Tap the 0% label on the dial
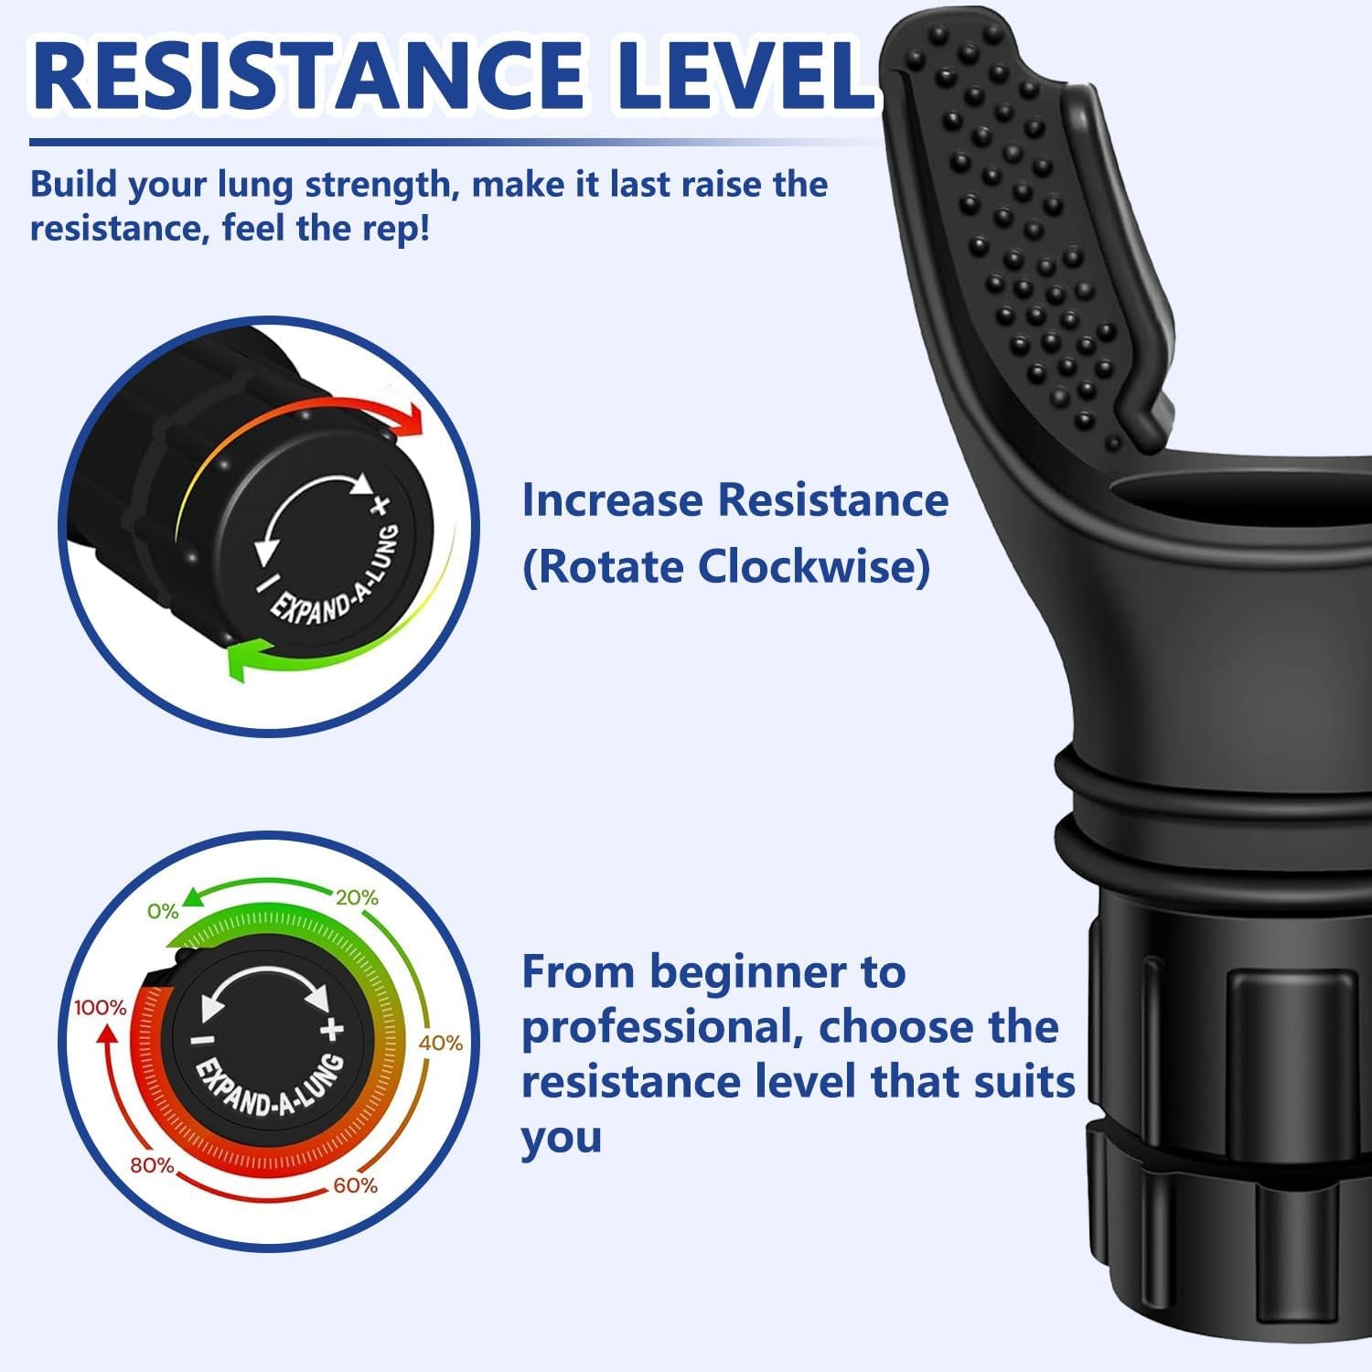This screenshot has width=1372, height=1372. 163,911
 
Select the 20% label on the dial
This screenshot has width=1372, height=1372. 357,897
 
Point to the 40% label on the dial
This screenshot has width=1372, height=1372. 441,1043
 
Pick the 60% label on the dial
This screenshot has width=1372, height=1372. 356,1185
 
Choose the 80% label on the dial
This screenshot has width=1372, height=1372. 152,1165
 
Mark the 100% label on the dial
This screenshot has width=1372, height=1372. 100,1008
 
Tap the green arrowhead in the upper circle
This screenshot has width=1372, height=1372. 240,660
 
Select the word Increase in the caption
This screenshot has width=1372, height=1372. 613,500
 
